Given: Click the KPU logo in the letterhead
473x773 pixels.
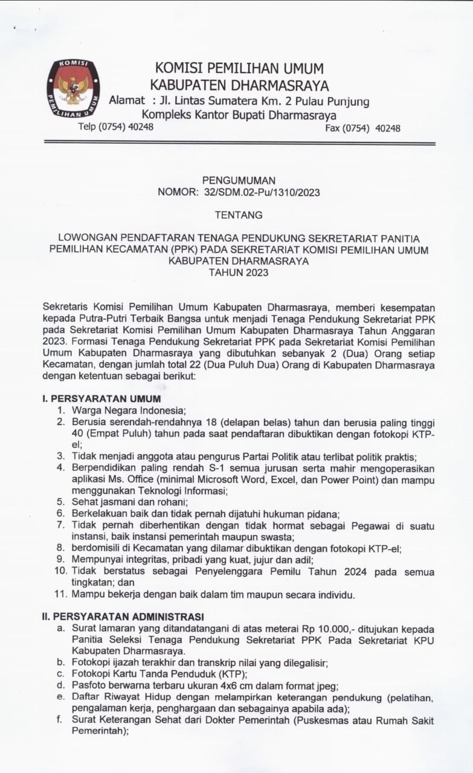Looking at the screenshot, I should [x=73, y=88].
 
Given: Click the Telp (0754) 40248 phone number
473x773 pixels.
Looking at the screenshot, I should [x=115, y=127].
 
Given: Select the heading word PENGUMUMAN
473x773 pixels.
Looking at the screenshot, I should [x=239, y=180].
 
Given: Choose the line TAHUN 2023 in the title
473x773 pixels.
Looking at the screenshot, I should [x=239, y=272].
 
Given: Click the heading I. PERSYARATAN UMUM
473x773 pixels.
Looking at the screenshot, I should [x=101, y=399].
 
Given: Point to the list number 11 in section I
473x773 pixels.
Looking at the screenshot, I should [x=60, y=594].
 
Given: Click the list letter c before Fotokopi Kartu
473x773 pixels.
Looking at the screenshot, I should [x=60, y=674].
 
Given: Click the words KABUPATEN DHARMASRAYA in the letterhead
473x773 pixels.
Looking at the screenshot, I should [x=239, y=85].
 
